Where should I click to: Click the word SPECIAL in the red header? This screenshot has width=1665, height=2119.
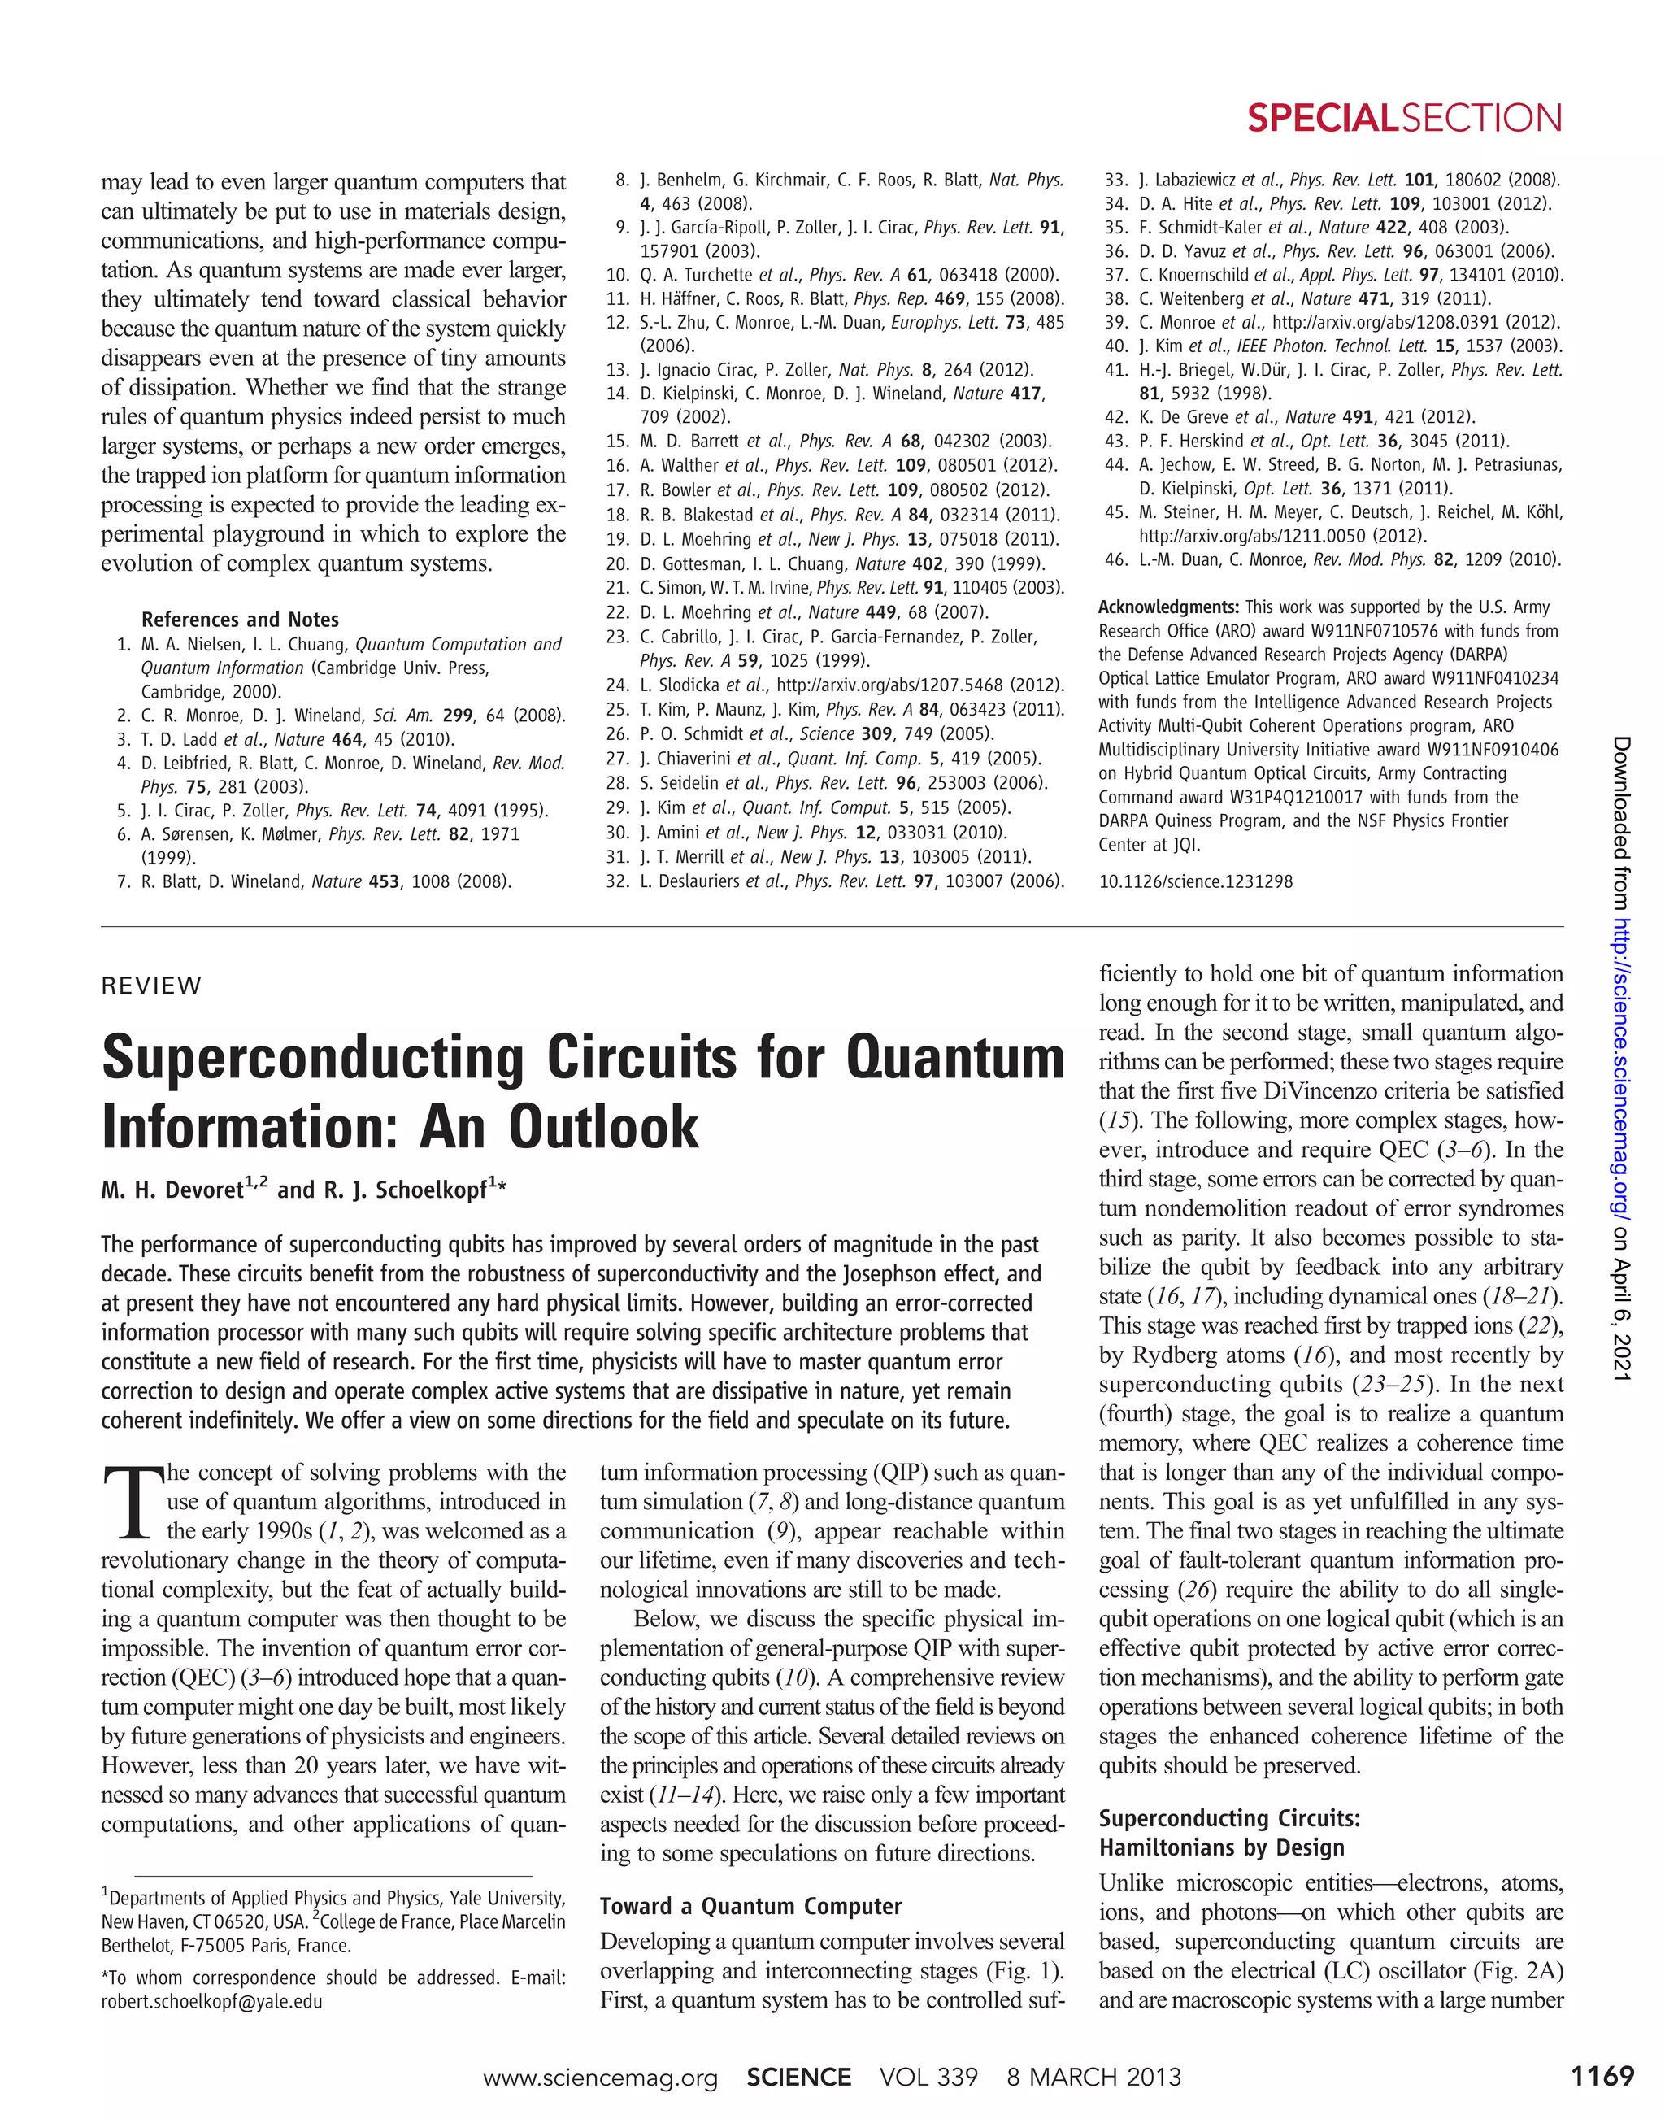1323,118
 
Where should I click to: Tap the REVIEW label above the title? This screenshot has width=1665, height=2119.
151,985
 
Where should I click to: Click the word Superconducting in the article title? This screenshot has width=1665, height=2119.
314,1059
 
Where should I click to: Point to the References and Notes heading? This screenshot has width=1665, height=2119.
240,620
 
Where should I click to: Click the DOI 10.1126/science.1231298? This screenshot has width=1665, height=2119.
1195,881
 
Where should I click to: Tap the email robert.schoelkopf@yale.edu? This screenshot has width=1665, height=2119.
211,2002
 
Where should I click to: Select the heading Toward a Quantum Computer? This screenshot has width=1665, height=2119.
750,1907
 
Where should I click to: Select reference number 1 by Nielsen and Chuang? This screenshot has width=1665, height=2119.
124,645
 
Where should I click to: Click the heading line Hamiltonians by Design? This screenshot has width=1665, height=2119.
1221,1848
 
